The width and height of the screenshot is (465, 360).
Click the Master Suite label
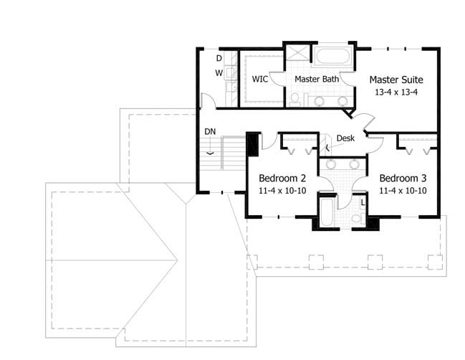[x=396, y=80]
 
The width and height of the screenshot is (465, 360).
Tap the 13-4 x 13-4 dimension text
[x=396, y=92]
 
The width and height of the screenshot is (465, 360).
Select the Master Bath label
[x=316, y=79]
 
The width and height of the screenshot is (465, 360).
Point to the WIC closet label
[x=259, y=79]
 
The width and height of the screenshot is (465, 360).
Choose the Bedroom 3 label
[x=403, y=178]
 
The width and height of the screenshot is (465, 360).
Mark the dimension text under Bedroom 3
[x=403, y=191]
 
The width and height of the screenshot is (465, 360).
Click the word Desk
[x=345, y=138]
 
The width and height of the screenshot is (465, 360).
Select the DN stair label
[x=210, y=132]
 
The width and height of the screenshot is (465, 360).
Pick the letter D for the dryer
[x=219, y=58]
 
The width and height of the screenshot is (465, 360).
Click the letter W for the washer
[x=219, y=73]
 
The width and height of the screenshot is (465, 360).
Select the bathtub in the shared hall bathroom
[x=326, y=212]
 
